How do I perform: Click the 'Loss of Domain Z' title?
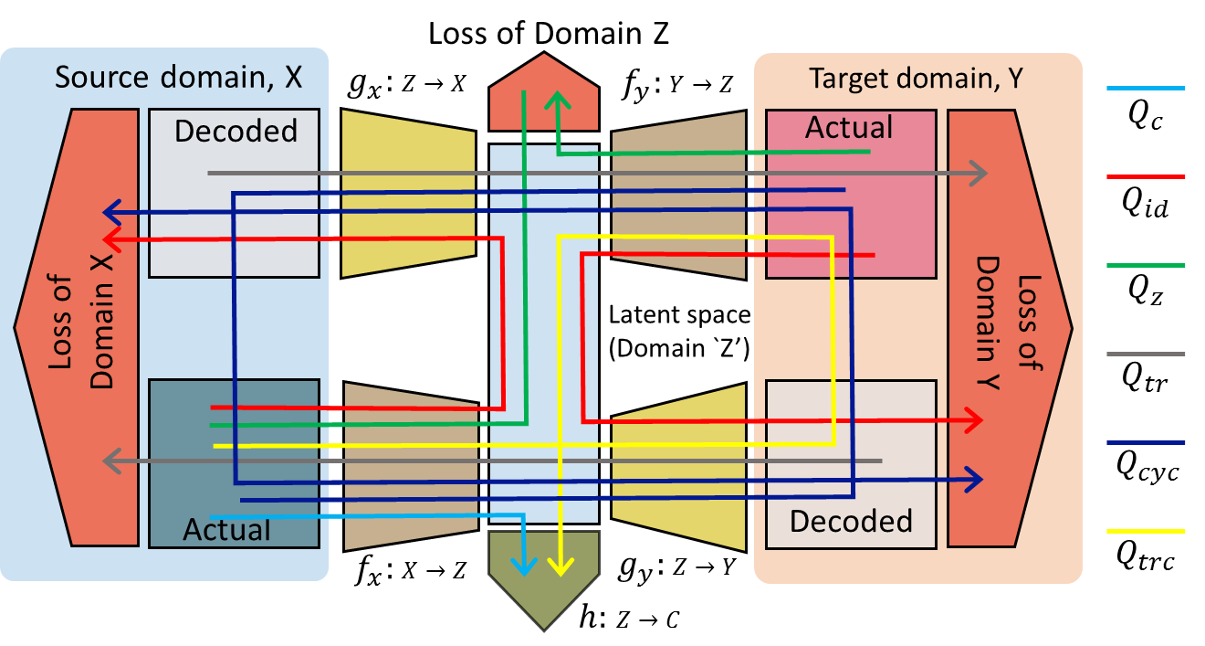[x=548, y=34]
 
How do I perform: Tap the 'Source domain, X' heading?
[x=179, y=78]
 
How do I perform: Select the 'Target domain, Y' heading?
[x=917, y=79]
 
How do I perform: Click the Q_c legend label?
[x=1146, y=116]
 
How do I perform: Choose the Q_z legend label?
[x=1146, y=291]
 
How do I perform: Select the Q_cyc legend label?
[x=1147, y=467]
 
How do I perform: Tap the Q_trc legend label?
[x=1146, y=556]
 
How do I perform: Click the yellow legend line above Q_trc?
[x=1146, y=532]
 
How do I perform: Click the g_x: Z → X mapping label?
[x=407, y=84]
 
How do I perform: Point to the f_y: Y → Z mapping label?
[x=677, y=84]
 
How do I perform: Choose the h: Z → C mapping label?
[x=629, y=617]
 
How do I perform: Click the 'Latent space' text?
[x=679, y=315]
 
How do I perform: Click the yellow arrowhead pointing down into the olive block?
[x=560, y=567]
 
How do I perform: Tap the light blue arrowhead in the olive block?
[x=523, y=567]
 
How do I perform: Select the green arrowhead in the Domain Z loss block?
[x=558, y=101]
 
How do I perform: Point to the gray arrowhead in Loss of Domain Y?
[x=979, y=174]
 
